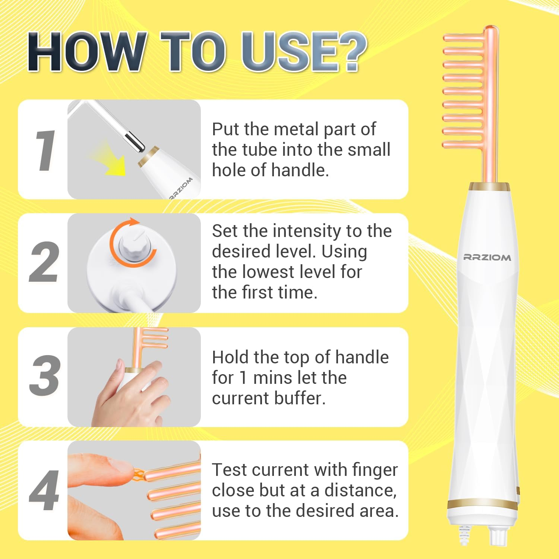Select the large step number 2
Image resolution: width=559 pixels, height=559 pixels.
(44, 262)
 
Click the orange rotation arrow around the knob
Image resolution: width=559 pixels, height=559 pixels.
(132, 242)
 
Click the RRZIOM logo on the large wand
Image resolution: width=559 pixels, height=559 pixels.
(487, 257)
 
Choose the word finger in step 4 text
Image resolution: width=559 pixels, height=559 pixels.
(375, 470)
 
